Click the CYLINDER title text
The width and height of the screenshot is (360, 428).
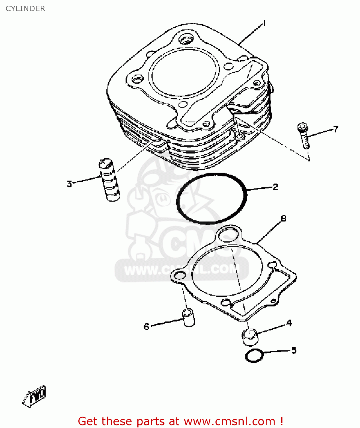point(25,9)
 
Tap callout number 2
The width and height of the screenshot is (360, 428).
point(275,187)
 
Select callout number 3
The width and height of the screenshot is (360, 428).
point(69,184)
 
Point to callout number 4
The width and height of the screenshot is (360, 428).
point(289,323)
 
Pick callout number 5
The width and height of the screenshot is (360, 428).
point(294,350)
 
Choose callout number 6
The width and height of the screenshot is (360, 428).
point(147,326)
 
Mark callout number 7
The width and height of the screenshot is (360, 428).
point(336,129)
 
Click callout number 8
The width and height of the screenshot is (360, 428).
point(283,219)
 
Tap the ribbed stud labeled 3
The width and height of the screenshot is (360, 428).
point(109,180)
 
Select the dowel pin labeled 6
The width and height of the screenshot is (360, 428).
point(188,317)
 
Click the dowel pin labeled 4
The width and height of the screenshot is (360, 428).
point(250,337)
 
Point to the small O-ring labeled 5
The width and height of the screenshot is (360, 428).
point(254,356)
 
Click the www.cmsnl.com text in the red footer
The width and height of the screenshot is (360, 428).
point(229,421)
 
